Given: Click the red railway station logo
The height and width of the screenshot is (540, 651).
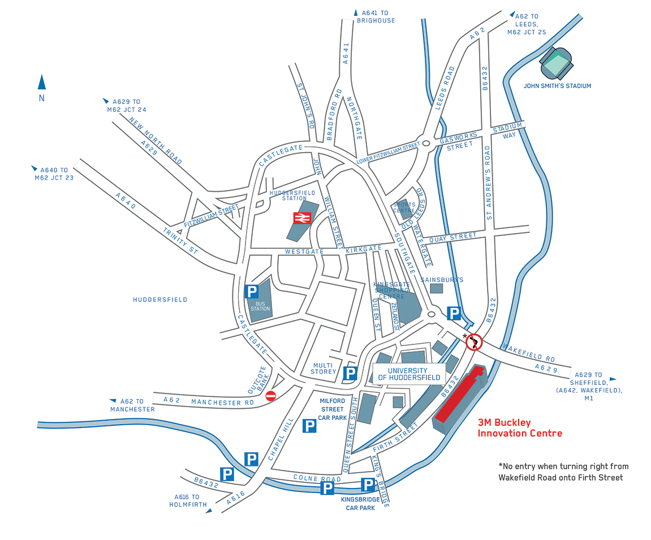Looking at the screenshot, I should tap(301, 218).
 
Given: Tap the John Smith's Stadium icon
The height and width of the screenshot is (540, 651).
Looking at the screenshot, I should tap(557, 64).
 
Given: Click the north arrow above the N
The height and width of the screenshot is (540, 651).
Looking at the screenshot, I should tap(42, 82).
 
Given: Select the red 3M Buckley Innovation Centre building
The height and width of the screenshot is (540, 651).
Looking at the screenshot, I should tap(460, 396).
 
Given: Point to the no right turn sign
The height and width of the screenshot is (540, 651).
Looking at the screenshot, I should tap(473, 342).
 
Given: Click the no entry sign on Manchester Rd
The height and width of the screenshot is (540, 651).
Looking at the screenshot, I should tap(270, 396).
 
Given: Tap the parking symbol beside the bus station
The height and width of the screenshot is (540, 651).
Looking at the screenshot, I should tap(251, 292).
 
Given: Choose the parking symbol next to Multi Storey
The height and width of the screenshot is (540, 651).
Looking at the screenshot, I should tap(351, 373).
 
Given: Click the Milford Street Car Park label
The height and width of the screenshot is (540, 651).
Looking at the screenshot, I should tap(332, 409).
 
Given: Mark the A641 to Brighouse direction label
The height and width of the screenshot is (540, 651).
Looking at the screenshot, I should tap(375, 16).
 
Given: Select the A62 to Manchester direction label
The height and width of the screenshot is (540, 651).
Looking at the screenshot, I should tap(132, 405).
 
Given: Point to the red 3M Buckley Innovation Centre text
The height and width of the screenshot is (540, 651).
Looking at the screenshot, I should tap(520, 428).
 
